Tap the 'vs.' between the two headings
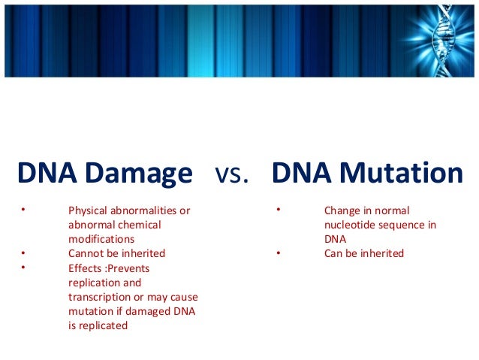pyautogui.click(x=232, y=175)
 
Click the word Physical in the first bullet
pyautogui.click(x=88, y=210)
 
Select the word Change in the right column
pyautogui.click(x=342, y=210)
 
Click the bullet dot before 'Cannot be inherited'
pyautogui.click(x=23, y=253)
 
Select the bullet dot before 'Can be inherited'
pyautogui.click(x=278, y=253)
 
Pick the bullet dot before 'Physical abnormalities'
pyautogui.click(x=23, y=210)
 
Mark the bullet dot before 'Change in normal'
pyautogui.click(x=278, y=210)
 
